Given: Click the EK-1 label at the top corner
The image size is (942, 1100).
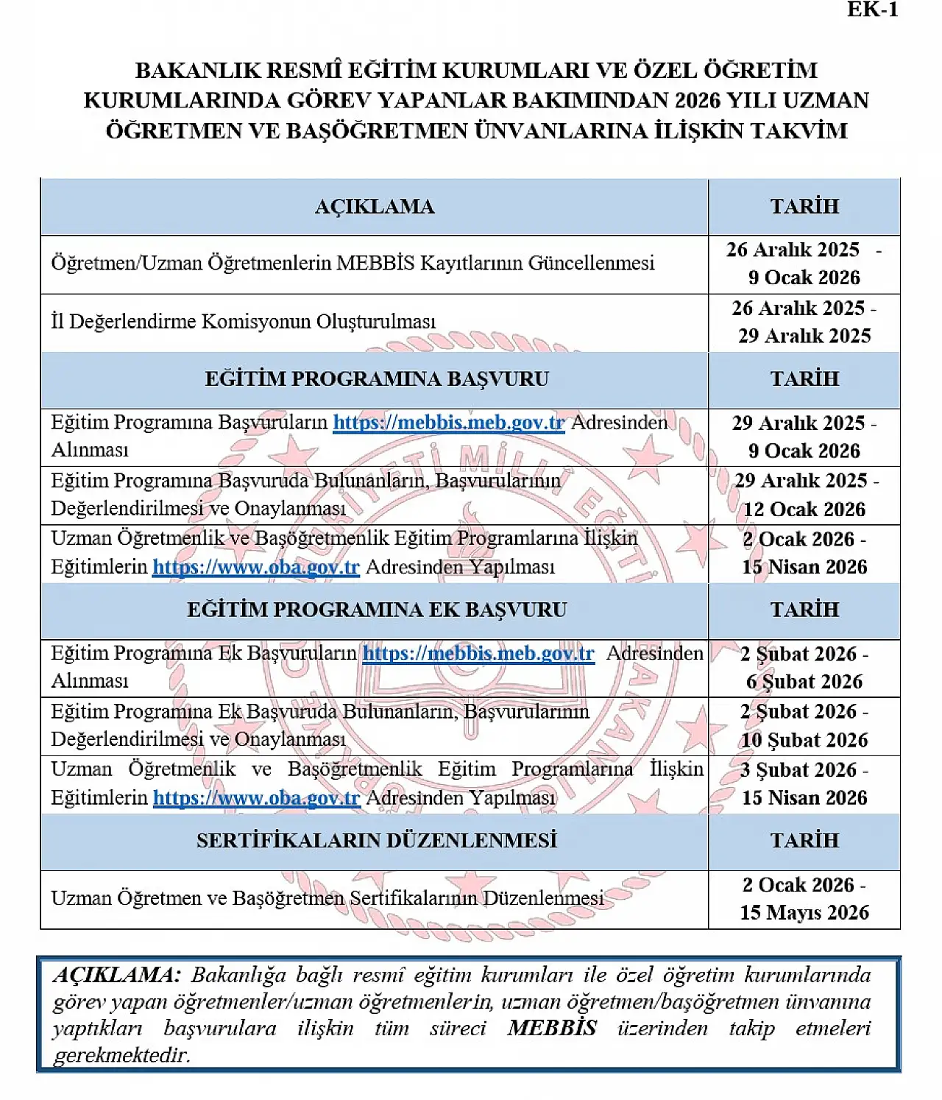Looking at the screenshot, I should tap(872, 10).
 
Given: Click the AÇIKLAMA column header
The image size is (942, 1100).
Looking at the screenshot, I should tap(375, 206).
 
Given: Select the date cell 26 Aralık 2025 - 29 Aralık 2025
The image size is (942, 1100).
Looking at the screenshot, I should tap(804, 322).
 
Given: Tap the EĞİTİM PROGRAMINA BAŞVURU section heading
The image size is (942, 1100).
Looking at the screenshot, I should tap(376, 378).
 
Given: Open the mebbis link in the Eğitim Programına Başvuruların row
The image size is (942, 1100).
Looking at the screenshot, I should tap(448, 423).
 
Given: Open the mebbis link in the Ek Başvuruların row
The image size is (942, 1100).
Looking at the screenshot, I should tap(478, 654).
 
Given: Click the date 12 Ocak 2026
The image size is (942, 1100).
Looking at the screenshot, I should tap(804, 510).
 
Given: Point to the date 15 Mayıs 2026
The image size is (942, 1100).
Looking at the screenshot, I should tap(804, 913).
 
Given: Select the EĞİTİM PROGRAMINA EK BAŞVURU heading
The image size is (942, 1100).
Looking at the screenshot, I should tap(376, 610).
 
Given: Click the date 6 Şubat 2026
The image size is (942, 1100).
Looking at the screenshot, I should tap(804, 682).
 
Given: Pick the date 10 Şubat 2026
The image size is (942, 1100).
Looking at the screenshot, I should tap(804, 740).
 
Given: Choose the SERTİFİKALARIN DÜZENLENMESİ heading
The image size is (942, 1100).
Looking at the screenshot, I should tap(376, 841).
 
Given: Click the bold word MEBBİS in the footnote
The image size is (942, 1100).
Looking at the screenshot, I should tap(551, 1029).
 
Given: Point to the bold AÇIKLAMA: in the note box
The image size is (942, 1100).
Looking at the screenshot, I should tap(116, 976).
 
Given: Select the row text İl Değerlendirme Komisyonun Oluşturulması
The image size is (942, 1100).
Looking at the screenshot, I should tap(243, 322).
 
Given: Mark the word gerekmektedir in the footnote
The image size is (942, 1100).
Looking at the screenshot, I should tap(121, 1055).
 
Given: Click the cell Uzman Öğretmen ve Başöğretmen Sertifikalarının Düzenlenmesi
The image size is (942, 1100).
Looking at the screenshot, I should tap(327, 898).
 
